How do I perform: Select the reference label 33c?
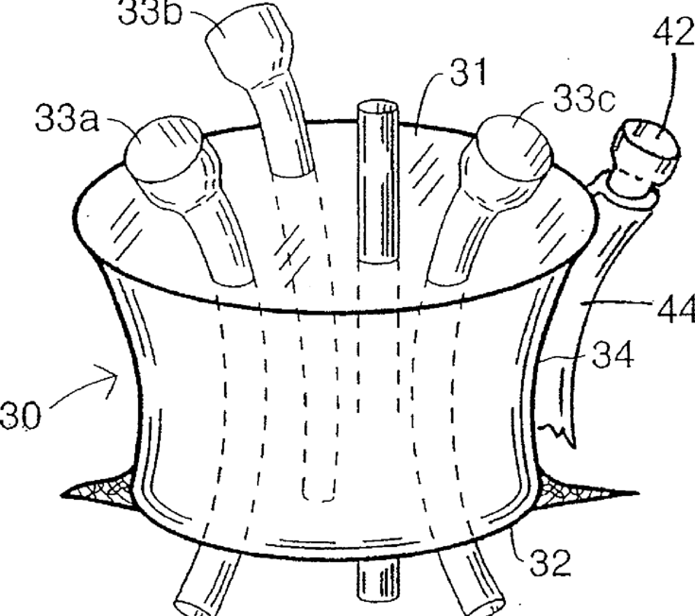click(x=582, y=101)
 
